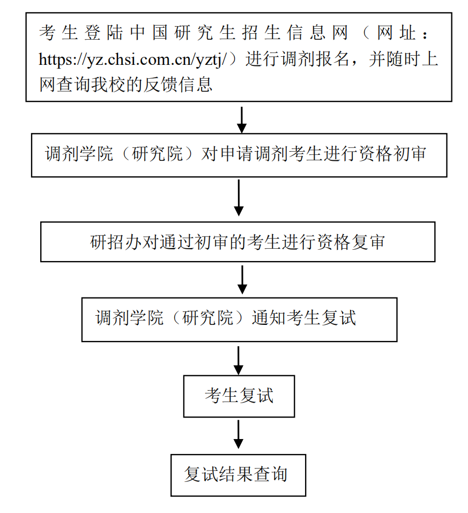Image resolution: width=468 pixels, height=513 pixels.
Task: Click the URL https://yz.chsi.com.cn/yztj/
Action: (137, 60)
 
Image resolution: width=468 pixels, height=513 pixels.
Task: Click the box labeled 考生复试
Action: (239, 396)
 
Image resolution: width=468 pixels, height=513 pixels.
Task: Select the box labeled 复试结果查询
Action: (238, 475)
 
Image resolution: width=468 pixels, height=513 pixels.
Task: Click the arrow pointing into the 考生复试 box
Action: (239, 360)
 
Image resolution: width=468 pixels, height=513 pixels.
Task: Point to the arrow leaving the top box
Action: (242, 119)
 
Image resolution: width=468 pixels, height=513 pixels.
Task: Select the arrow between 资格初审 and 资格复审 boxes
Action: (239, 198)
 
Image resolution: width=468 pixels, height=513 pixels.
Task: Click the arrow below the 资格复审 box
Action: (242, 279)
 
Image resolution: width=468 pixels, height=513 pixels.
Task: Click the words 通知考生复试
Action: (304, 318)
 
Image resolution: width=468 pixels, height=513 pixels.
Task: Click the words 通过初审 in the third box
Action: (185, 242)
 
